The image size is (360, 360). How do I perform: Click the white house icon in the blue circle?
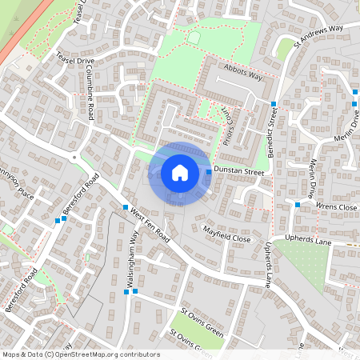click(180, 172)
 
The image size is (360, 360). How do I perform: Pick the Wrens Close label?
click(336, 207)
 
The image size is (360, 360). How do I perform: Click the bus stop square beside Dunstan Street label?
click(209, 172)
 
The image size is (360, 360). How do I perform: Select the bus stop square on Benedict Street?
click(274, 105)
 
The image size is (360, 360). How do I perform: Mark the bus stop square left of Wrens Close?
click(298, 205)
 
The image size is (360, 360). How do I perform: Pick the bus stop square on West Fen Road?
click(126, 207)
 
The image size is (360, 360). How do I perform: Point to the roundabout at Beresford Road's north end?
click(74, 158)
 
